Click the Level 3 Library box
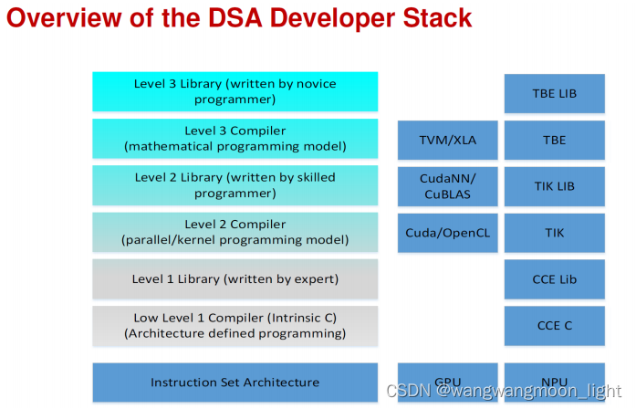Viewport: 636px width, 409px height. [x=235, y=91]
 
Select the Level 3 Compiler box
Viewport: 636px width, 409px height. [x=235, y=139]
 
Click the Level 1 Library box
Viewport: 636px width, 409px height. [x=235, y=278]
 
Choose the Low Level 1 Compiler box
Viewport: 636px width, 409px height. [x=235, y=326]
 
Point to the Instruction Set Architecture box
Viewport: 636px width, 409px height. [x=235, y=383]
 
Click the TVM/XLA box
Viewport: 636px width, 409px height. [x=447, y=140]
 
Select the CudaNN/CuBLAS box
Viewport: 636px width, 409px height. [x=447, y=186]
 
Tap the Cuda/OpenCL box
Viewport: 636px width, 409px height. [x=447, y=233]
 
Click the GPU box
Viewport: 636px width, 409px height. [x=447, y=383]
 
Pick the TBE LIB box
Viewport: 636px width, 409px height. [x=554, y=93]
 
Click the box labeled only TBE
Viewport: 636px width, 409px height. [x=554, y=140]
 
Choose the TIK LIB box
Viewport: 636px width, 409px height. [x=554, y=186]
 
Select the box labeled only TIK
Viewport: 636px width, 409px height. [x=554, y=233]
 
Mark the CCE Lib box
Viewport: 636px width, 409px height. [x=554, y=279]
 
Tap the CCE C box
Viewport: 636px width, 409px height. [x=554, y=326]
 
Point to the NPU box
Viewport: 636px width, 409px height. [x=554, y=383]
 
